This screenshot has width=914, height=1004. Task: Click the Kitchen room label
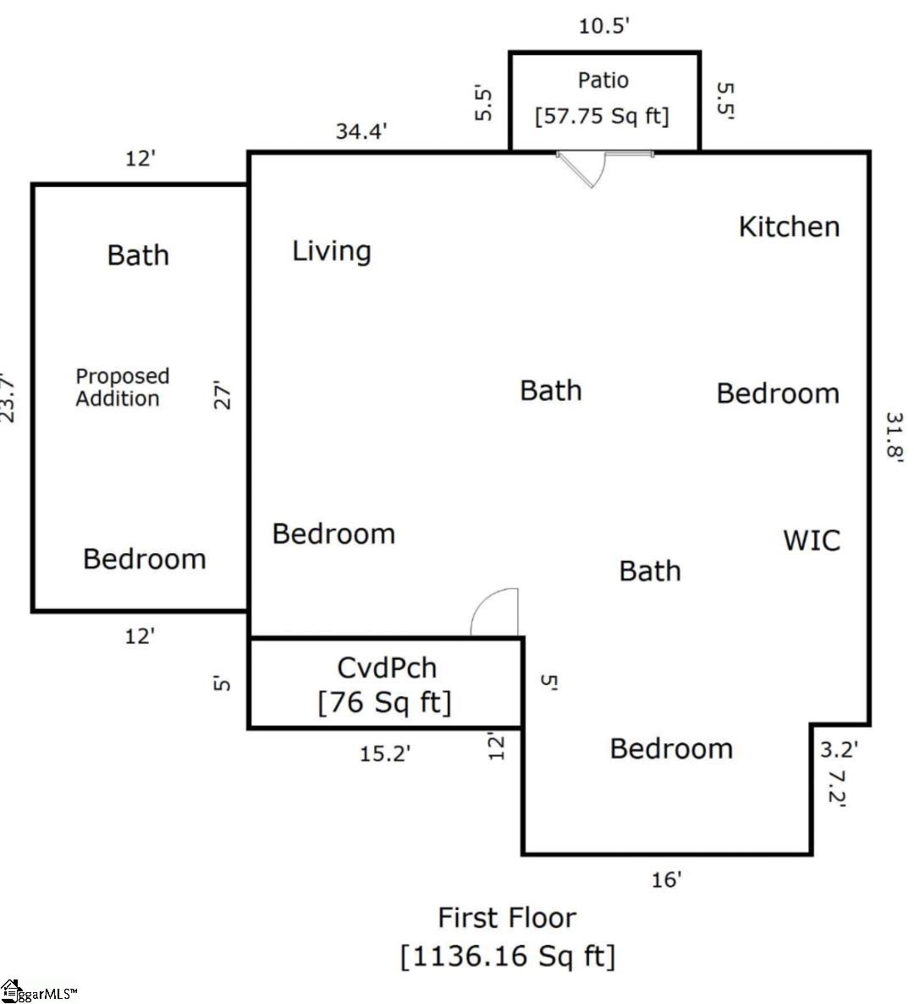[789, 227]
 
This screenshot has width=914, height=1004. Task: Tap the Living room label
[332, 251]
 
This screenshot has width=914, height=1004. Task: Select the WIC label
[812, 540]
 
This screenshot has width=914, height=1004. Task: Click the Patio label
[603, 80]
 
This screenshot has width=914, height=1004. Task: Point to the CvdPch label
[387, 668]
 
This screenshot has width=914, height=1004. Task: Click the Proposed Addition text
[123, 387]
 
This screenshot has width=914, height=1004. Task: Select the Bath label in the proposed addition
[138, 255]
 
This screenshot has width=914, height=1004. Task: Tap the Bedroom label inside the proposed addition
[145, 559]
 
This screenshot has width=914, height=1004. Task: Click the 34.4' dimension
[361, 131]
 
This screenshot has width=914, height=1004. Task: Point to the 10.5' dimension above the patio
[604, 26]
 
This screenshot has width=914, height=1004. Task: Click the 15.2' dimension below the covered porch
[385, 754]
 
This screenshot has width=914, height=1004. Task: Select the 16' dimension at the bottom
[666, 880]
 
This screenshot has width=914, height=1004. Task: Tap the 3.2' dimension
[840, 749]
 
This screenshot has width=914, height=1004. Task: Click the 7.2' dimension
[836, 787]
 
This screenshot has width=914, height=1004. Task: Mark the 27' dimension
[222, 395]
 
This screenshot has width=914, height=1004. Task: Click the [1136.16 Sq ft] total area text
[507, 957]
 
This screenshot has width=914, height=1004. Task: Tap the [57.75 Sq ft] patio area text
[602, 116]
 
